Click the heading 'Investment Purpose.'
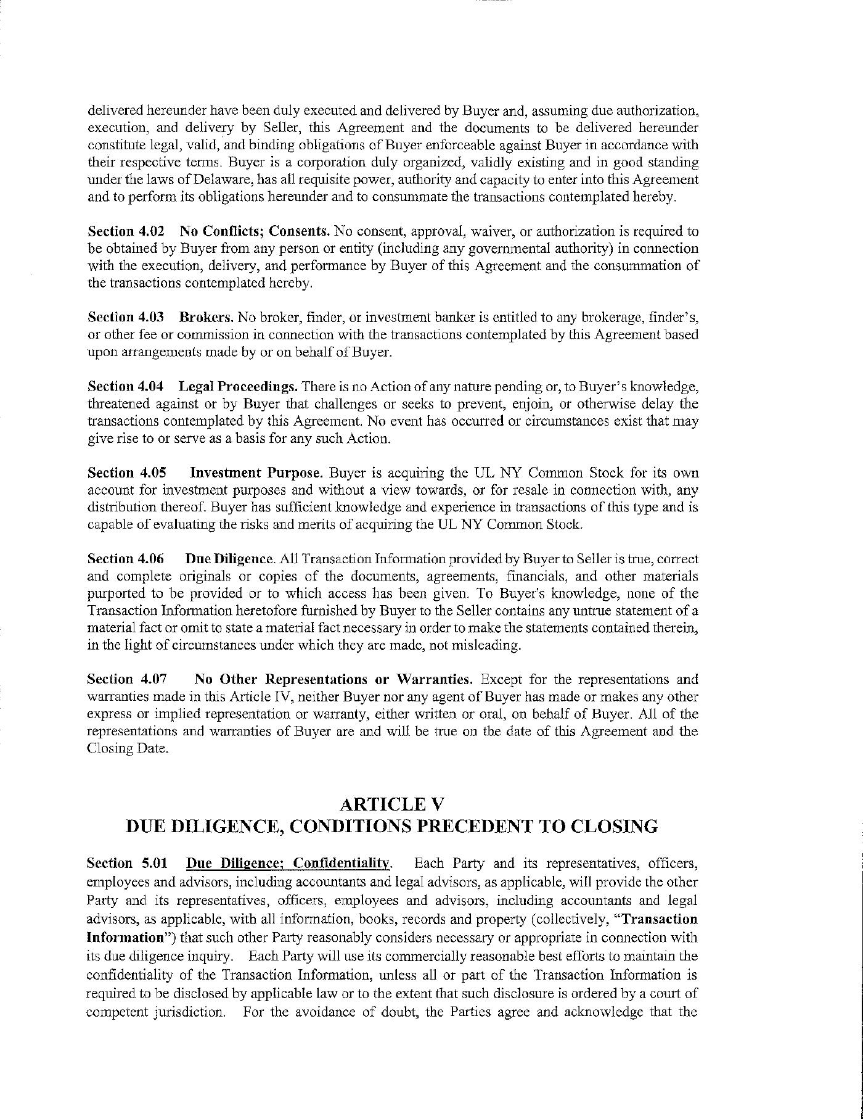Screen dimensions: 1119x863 coord(256,473)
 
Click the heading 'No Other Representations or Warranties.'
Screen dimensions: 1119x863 coord(333,679)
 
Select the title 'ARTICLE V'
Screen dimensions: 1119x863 coord(391,804)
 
